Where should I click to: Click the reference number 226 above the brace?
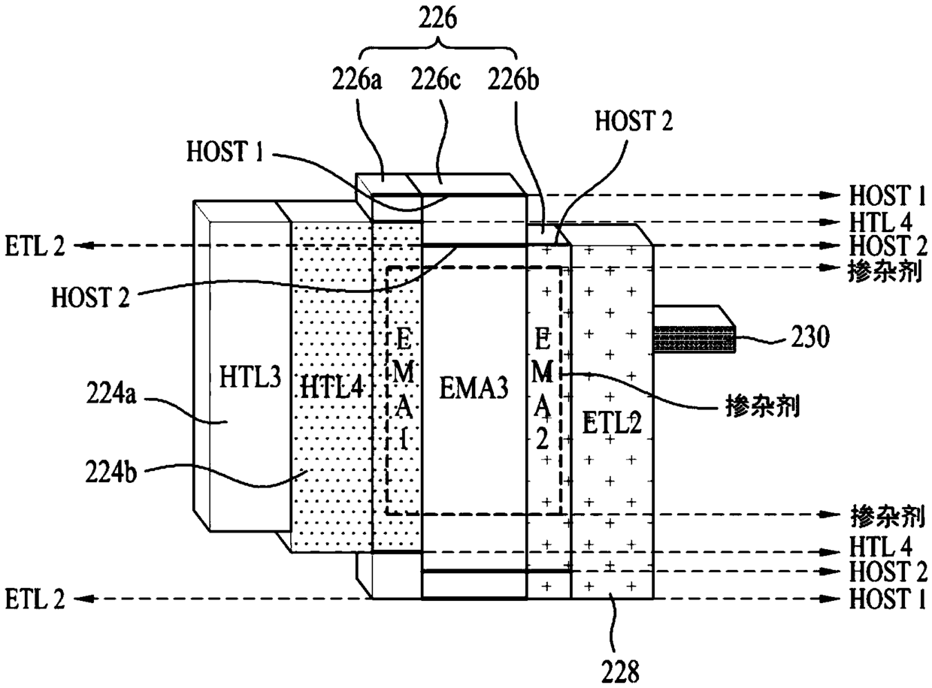(437, 20)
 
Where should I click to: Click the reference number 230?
(810, 336)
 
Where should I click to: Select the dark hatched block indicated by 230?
(694, 339)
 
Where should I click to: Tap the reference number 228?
(620, 672)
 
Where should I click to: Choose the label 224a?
(111, 394)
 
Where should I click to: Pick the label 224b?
(111, 472)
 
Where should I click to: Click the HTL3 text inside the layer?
(250, 376)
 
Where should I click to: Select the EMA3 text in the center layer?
(474, 388)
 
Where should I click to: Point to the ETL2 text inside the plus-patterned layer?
(612, 423)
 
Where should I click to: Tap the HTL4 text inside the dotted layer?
(332, 388)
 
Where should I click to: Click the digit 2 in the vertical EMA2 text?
(543, 440)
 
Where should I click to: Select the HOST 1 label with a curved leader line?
(225, 151)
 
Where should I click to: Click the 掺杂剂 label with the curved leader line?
(762, 406)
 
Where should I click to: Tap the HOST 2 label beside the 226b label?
(634, 120)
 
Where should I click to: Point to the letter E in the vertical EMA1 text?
(404, 341)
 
